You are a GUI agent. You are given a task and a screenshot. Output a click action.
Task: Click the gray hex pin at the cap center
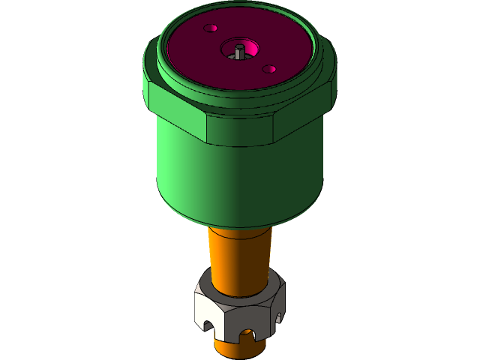(238, 52)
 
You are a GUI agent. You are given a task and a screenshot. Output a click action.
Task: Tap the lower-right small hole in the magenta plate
(268, 69)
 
